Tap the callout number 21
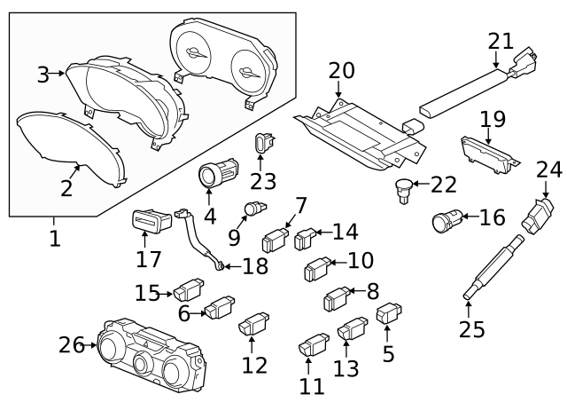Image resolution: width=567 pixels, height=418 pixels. coord(501,40)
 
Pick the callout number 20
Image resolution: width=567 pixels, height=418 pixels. coord(340,70)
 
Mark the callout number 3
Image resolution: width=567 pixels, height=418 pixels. coord(43,75)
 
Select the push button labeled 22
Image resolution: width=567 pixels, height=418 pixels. coord(404,186)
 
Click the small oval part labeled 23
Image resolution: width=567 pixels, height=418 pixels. coord(263,141)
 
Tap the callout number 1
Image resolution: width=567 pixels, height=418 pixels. coord(55,239)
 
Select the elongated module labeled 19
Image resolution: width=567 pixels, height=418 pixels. coord(488,152)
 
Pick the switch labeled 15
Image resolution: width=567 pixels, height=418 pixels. coord(188,290)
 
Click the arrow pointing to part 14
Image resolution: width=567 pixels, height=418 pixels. coord(324,234)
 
